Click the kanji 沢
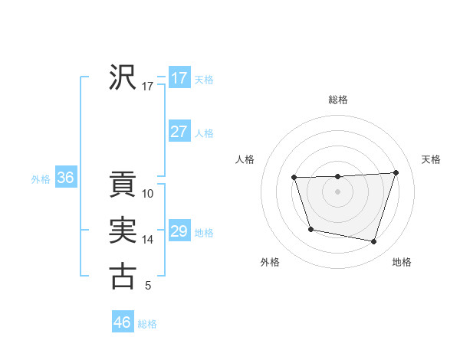coord(122,77)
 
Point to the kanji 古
coord(122,276)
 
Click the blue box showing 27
coord(179,132)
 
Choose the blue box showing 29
coord(179,231)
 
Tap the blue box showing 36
coord(65,178)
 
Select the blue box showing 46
coord(122,322)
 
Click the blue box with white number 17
coord(179,78)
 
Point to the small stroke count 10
coord(148,194)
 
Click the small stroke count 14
coord(148,240)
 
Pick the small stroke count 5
coord(148,286)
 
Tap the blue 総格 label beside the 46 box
coord(147,324)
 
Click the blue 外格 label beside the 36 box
coord(41,179)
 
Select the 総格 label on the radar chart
coord(337,100)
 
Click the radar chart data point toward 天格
coord(396,172)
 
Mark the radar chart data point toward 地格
coord(374,242)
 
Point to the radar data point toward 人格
coord(294,178)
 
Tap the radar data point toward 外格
coord(310,229)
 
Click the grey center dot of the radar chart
coord(337,191)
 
